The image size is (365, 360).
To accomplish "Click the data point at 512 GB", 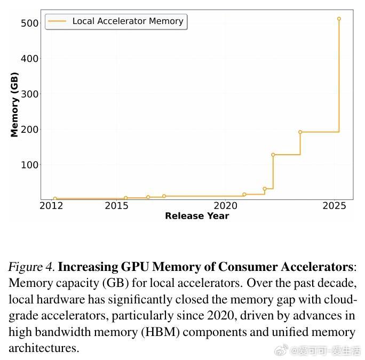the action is (339, 19).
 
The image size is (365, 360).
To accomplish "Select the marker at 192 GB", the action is (300, 132).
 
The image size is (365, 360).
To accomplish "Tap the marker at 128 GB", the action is (273, 155).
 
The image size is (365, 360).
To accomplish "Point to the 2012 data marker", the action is (55, 198).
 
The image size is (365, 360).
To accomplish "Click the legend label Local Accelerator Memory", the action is (128, 21).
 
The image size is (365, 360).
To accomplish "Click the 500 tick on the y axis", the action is (29, 23).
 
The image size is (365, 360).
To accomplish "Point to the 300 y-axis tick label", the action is (29, 94).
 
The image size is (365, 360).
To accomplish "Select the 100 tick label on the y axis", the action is (29, 165).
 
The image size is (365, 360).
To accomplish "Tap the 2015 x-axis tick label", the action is (115, 205).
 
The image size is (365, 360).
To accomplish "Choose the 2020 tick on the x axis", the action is (225, 205).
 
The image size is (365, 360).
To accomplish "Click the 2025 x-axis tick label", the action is (335, 205).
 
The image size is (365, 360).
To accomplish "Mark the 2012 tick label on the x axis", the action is (51, 205).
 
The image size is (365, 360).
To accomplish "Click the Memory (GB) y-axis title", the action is (14, 105).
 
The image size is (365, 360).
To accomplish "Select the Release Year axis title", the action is (197, 216).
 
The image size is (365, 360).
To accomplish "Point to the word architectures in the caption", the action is (43, 348).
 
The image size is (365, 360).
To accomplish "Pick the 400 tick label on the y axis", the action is (29, 58).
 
